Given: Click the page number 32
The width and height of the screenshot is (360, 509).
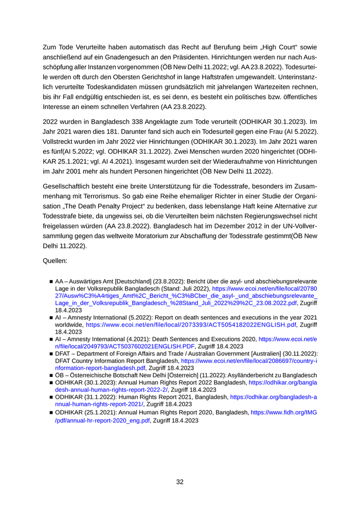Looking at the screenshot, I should coord(180,482).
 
